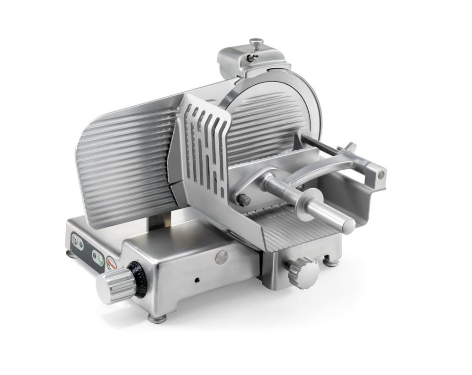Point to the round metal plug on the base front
(x=221, y=256)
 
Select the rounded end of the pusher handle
(x=349, y=226)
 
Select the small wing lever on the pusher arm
(x=350, y=146)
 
